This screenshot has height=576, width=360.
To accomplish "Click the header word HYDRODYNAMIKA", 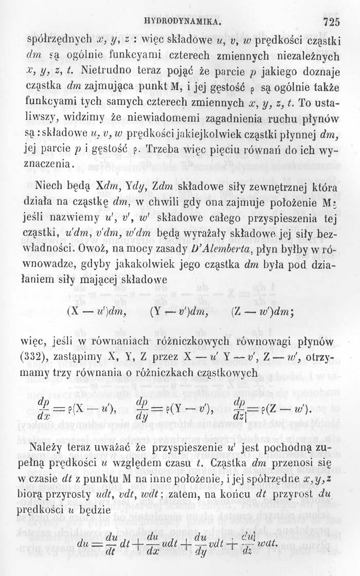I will click(183, 23).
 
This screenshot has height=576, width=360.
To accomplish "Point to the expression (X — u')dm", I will click(98, 311).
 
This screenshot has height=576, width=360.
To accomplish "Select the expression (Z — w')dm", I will click(261, 311).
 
